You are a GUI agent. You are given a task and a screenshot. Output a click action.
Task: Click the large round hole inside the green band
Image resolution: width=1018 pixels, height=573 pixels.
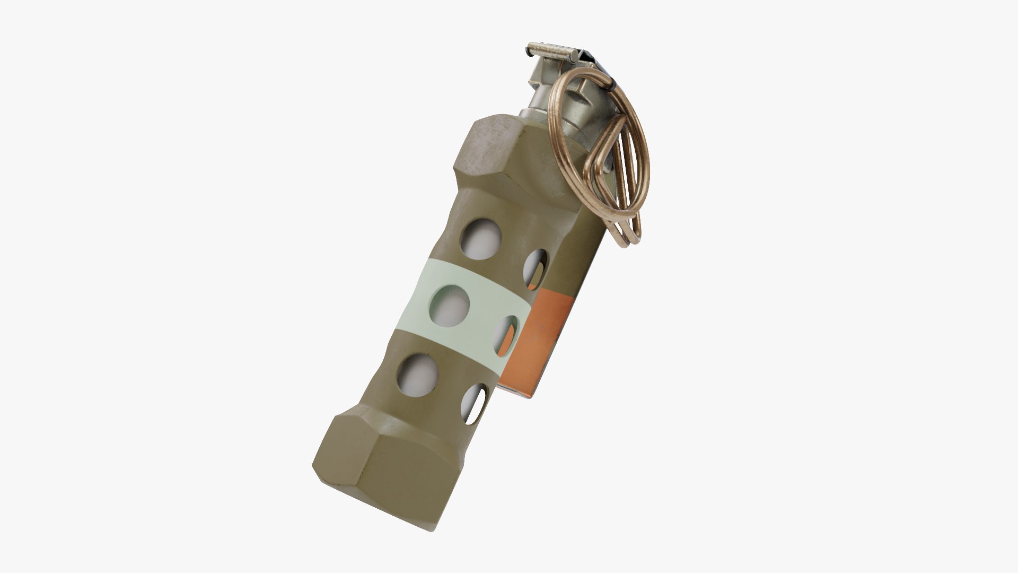[450, 307]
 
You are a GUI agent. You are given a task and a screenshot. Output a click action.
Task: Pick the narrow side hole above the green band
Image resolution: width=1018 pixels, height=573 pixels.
[536, 266]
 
